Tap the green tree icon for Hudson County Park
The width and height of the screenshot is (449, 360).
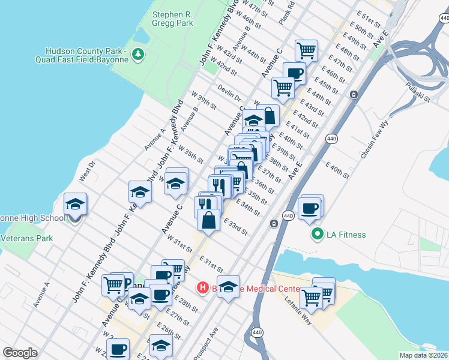coord(139,55)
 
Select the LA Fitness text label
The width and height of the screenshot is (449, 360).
coord(345,235)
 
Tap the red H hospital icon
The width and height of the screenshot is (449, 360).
coord(203,288)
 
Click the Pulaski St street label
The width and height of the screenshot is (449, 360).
coord(418,91)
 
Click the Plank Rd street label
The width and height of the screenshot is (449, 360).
coord(291,13)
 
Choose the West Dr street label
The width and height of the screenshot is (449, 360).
coord(87,172)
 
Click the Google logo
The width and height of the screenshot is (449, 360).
coord(20,353)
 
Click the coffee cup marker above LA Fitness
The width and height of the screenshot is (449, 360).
coord(310,208)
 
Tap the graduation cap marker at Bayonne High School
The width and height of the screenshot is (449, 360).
coord(75,204)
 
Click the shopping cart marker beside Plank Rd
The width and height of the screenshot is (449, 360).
coord(306,50)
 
